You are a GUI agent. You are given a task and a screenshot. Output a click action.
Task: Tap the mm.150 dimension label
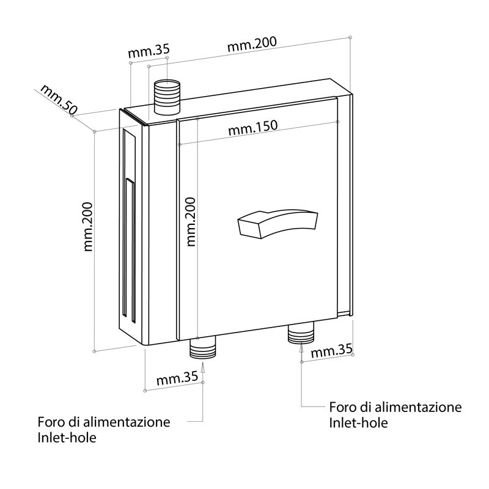point(253,128)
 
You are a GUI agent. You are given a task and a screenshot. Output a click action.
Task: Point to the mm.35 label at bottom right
point(332,351)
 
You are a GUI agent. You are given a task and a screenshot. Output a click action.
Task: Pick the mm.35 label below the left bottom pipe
point(177,378)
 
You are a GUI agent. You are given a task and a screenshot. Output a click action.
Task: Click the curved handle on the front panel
point(277,223)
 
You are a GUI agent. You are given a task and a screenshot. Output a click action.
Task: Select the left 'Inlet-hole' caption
point(67,438)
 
